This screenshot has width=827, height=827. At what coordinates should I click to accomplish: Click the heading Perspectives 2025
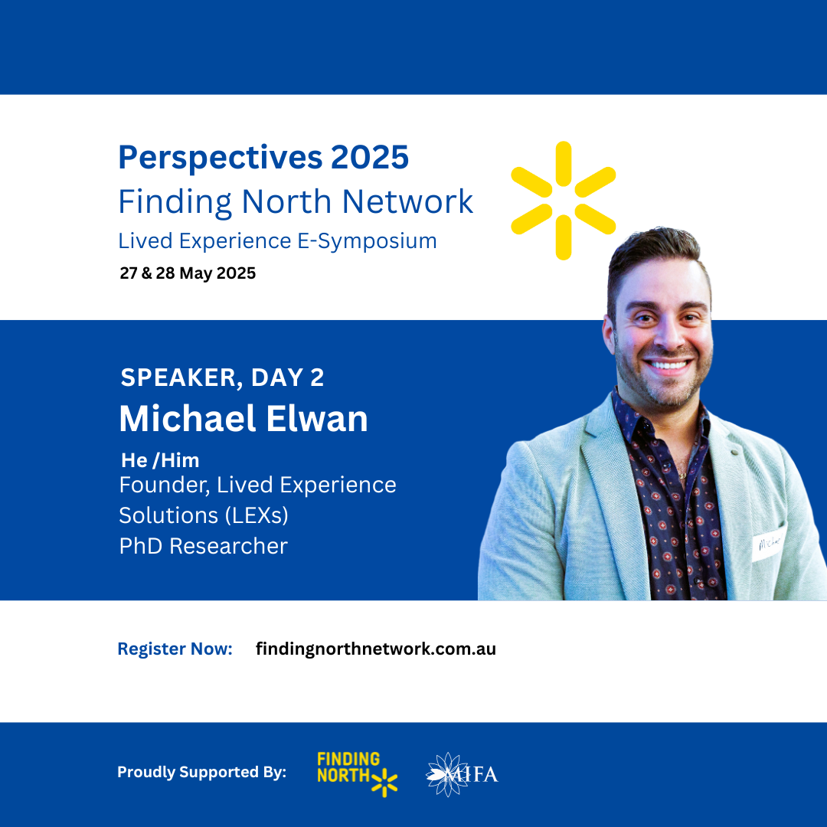click(263, 157)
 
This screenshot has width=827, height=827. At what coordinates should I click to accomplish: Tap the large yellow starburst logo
click(564, 201)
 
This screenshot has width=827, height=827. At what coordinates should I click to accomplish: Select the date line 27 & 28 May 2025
click(188, 273)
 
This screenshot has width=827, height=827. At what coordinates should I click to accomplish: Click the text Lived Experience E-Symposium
click(277, 241)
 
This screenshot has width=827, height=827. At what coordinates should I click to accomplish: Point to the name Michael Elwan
click(244, 419)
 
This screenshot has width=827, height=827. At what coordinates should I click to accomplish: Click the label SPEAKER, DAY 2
click(222, 378)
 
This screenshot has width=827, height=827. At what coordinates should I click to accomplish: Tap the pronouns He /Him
click(160, 460)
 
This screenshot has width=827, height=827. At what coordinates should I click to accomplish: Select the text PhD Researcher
click(204, 546)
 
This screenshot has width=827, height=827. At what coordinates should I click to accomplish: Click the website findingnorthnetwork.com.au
click(375, 649)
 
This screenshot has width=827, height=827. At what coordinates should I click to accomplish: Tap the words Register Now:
click(175, 649)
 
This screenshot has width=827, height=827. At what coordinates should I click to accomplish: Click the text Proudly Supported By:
click(201, 772)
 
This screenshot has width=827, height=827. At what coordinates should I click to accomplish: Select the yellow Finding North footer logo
click(357, 773)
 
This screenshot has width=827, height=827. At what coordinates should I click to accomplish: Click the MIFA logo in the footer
click(462, 774)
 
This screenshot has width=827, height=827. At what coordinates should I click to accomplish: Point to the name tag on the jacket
click(769, 543)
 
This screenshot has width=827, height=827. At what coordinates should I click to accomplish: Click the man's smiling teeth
click(668, 364)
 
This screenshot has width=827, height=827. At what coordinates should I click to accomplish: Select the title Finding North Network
click(296, 201)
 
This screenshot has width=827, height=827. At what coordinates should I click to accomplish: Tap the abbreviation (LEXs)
click(257, 515)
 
